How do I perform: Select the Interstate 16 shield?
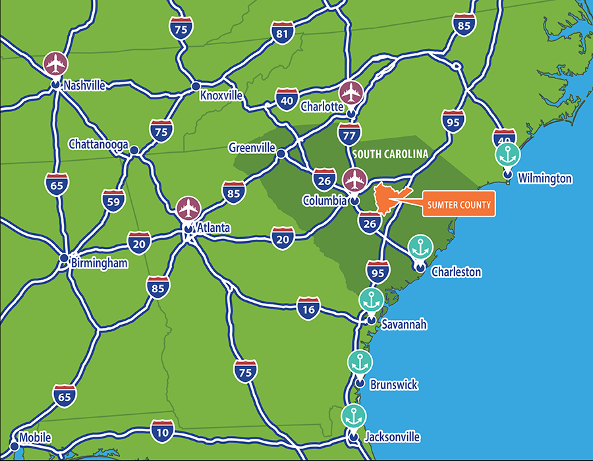click(x=308, y=308)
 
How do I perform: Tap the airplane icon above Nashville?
click(x=56, y=64)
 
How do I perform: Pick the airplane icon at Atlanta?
click(x=188, y=208)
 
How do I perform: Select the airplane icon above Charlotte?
click(x=351, y=93)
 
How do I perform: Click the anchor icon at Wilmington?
click(x=507, y=155)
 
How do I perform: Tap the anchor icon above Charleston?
click(x=420, y=248)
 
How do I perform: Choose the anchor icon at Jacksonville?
click(x=354, y=416)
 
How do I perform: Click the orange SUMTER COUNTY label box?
click(x=458, y=205)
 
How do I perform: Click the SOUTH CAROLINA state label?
click(x=390, y=154)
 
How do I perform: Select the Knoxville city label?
click(x=221, y=95)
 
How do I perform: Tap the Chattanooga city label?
click(x=98, y=144)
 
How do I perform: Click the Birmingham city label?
click(x=99, y=263)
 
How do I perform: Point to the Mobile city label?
click(x=35, y=437)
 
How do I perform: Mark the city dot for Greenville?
click(x=281, y=153)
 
